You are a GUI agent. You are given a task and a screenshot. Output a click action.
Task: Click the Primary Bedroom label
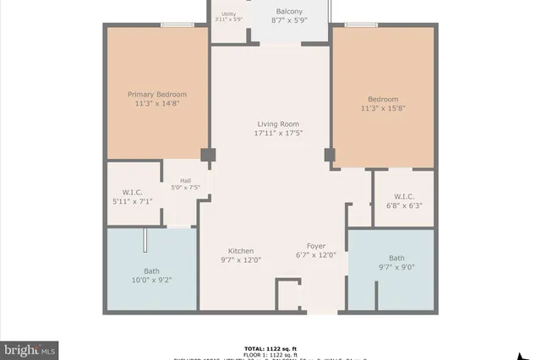pos(157,94)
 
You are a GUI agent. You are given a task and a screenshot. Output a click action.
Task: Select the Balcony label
pos(288,11)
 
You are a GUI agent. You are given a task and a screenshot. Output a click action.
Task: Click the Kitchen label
pos(241,250)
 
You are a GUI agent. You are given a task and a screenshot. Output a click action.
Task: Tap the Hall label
pos(185,180)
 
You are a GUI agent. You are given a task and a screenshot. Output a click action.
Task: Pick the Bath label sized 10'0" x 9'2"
pos(151,271)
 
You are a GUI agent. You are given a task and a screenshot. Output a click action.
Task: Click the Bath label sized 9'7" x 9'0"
pos(396,258)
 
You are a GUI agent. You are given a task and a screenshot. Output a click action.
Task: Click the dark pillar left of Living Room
pos(207,155)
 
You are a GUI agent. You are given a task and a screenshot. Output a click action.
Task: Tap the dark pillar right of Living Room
pos(330,155)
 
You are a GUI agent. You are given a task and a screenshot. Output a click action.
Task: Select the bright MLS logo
pos(30,348)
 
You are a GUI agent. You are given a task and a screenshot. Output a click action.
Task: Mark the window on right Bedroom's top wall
pos(361,25)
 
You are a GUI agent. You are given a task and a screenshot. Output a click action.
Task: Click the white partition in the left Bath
pos(146,240)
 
